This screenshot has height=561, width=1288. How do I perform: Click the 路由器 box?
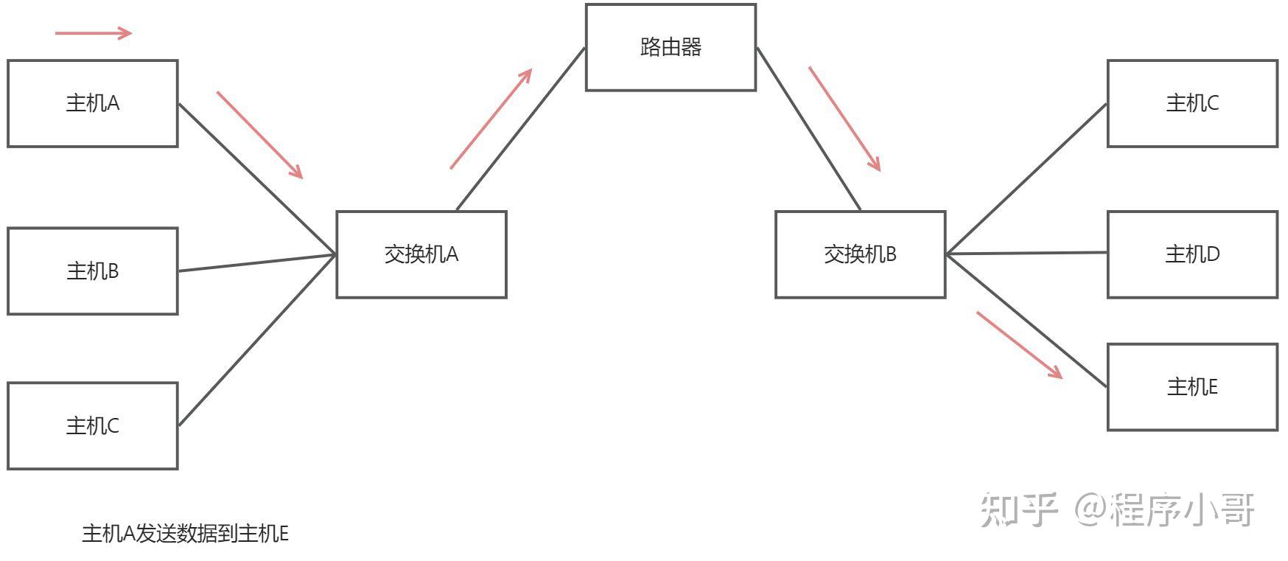click(671, 48)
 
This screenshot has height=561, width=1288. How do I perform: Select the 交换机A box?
click(421, 254)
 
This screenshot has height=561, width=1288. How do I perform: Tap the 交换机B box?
click(860, 254)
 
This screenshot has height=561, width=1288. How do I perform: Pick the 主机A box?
click(92, 103)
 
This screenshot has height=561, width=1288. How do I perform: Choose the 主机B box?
click(92, 271)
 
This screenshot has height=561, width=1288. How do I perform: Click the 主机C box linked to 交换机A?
click(92, 425)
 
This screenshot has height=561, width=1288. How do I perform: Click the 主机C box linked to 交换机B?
click(1191, 103)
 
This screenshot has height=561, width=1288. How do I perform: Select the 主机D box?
click(1191, 254)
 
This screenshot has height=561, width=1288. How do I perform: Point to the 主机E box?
click(1191, 386)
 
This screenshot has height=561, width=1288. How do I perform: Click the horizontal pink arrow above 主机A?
click(94, 32)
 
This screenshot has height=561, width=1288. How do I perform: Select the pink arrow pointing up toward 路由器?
click(491, 119)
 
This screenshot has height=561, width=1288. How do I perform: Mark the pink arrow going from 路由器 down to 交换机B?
click(844, 119)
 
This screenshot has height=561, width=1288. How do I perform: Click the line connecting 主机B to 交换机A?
click(256, 263)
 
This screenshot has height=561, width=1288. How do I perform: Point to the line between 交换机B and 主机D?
click(1026, 254)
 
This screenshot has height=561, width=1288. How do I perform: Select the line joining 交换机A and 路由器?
click(520, 130)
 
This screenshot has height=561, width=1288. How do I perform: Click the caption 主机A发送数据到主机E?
click(185, 534)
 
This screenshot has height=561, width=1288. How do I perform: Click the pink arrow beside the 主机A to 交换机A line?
click(259, 135)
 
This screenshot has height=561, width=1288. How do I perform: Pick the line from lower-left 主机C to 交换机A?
click(256, 340)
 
